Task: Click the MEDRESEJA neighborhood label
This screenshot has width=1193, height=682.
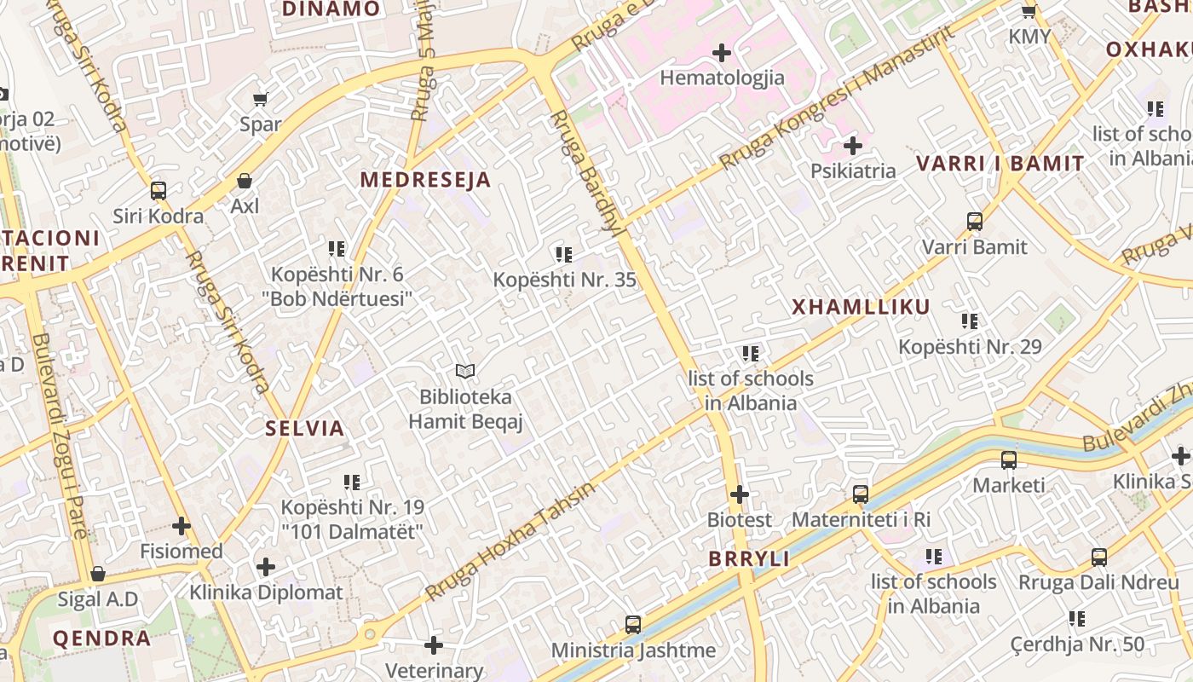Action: pyautogui.click(x=425, y=180)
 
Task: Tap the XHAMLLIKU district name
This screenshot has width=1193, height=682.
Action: pyautogui.click(x=861, y=307)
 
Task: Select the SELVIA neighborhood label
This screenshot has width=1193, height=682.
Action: pyautogui.click(x=304, y=428)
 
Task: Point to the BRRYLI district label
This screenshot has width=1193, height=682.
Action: pyautogui.click(x=749, y=559)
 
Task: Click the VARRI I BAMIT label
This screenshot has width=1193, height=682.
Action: pyautogui.click(x=1000, y=164)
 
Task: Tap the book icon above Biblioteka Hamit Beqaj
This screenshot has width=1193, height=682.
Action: pyautogui.click(x=464, y=371)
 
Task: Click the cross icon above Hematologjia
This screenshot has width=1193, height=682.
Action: pyautogui.click(x=722, y=53)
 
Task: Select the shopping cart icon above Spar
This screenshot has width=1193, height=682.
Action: pyautogui.click(x=261, y=100)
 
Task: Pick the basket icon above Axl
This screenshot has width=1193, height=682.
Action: pyautogui.click(x=245, y=181)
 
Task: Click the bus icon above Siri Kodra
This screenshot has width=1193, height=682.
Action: pyautogui.click(x=158, y=191)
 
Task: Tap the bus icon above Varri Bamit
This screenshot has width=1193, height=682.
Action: pyautogui.click(x=975, y=222)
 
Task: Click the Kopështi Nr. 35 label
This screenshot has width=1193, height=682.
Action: pyautogui.click(x=564, y=280)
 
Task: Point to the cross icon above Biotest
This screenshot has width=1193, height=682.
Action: pyautogui.click(x=740, y=494)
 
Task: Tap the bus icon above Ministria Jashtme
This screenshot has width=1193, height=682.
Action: pyautogui.click(x=632, y=625)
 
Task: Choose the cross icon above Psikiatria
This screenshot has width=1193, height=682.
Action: pyautogui.click(x=853, y=146)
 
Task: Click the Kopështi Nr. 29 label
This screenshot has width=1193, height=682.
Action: pyautogui.click(x=970, y=347)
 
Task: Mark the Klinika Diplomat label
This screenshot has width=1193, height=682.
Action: pyautogui.click(x=266, y=592)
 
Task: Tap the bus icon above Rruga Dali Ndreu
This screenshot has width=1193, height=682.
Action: pyautogui.click(x=1099, y=558)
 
